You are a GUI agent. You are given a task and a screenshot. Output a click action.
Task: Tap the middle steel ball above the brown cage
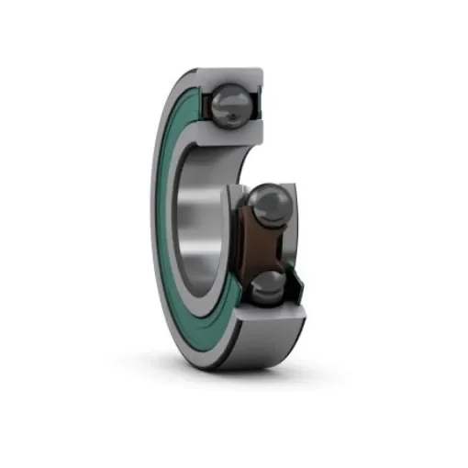coord(267,205)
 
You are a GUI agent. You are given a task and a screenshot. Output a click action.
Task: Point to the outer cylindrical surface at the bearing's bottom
coord(248,353)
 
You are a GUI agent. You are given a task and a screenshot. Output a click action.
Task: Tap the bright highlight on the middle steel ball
coord(262,195)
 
